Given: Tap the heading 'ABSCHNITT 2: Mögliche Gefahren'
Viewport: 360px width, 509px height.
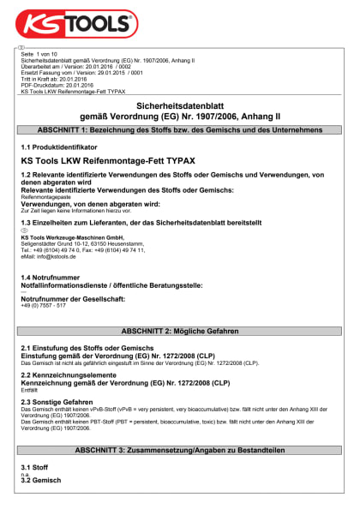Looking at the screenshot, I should [179, 330].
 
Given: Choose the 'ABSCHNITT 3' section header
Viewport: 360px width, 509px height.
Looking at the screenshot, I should [179, 449].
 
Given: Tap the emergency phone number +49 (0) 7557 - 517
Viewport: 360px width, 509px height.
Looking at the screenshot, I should [44, 305].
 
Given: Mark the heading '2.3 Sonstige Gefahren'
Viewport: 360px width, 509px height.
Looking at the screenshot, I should [57, 402].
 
